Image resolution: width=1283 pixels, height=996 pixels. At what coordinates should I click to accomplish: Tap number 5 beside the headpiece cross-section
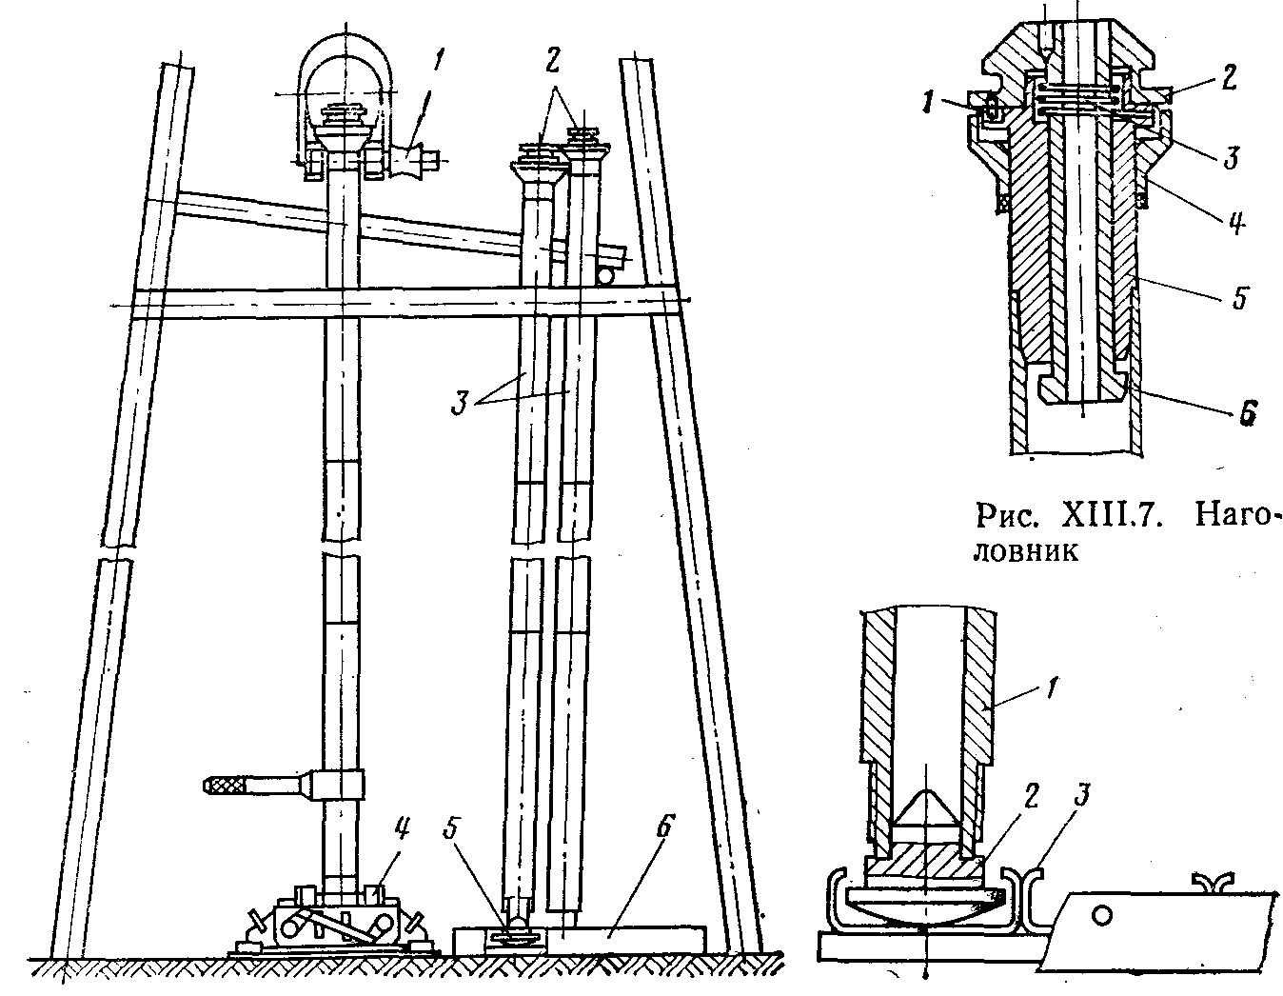pyautogui.click(x=1239, y=298)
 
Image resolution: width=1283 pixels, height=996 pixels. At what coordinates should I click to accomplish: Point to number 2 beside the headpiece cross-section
pyautogui.click(x=1231, y=78)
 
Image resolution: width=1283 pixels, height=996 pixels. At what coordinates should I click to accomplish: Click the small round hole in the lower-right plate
pyautogui.click(x=1103, y=915)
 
